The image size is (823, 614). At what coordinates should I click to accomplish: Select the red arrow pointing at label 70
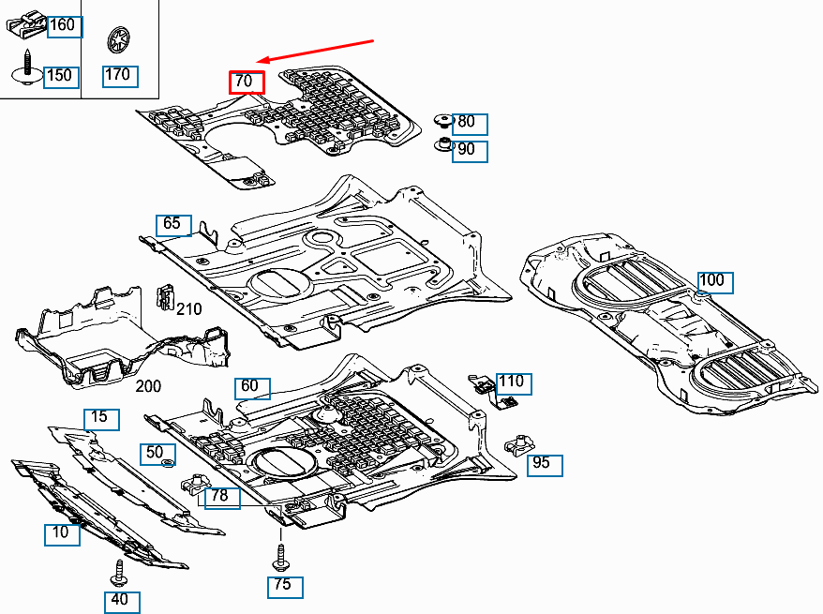coord(318,52)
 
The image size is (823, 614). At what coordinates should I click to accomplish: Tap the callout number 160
coord(64,25)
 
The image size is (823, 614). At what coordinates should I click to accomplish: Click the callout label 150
coord(61,75)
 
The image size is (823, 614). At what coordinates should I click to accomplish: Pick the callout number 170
coord(120,75)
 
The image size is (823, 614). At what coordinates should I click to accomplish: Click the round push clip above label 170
coord(119,39)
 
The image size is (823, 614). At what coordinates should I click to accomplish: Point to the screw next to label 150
coord(27,67)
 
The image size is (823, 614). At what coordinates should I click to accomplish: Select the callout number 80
coord(469,123)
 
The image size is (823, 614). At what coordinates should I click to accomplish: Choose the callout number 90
coord(469,150)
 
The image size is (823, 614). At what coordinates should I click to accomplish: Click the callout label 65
coord(173,224)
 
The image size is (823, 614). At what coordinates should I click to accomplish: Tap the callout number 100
coord(714,280)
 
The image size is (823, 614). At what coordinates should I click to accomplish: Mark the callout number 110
coord(513,382)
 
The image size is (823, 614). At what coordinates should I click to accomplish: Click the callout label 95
coord(544,464)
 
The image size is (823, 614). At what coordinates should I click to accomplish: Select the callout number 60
coord(251,386)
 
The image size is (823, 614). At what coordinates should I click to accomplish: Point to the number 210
coord(189,309)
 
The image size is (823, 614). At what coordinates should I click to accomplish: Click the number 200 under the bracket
coord(148,385)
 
